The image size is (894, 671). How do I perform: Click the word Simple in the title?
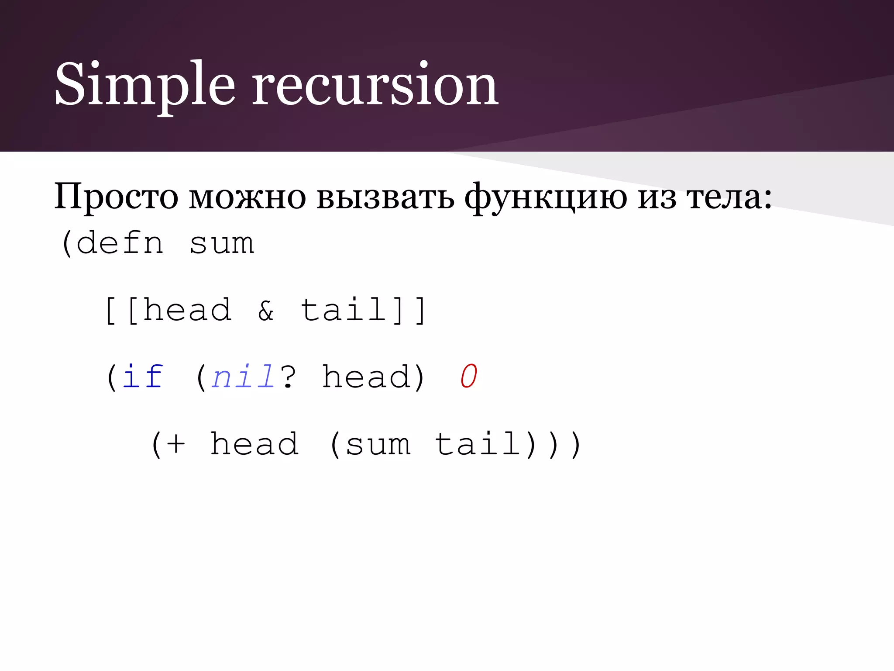[144, 85]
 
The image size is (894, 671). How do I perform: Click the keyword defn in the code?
[120, 243]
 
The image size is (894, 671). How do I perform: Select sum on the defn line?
[222, 243]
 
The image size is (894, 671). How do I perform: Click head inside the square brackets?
[188, 310]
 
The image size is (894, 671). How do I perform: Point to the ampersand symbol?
[266, 311]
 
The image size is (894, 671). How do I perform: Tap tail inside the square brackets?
[345, 310]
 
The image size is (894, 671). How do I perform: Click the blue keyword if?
[142, 377]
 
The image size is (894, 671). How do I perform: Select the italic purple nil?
[243, 377]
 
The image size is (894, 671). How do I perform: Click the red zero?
[469, 377]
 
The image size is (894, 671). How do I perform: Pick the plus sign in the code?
[176, 445]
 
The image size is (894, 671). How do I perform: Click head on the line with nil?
[367, 377]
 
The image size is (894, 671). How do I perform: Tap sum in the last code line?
[378, 445]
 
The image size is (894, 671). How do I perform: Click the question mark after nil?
[288, 377]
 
